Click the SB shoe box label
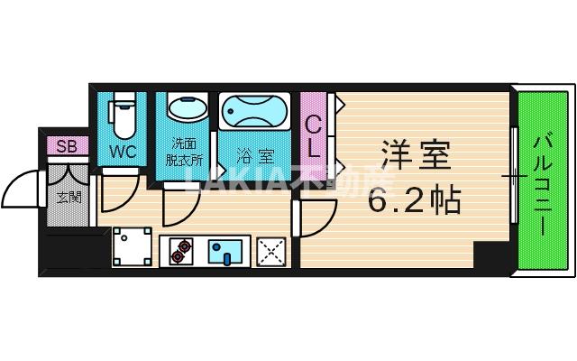pos(66,146)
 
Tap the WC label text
pos(123,151)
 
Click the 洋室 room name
pos(415,153)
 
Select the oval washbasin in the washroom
pos(185,110)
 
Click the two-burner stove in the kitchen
pos(179,249)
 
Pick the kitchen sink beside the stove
pos(221,249)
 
